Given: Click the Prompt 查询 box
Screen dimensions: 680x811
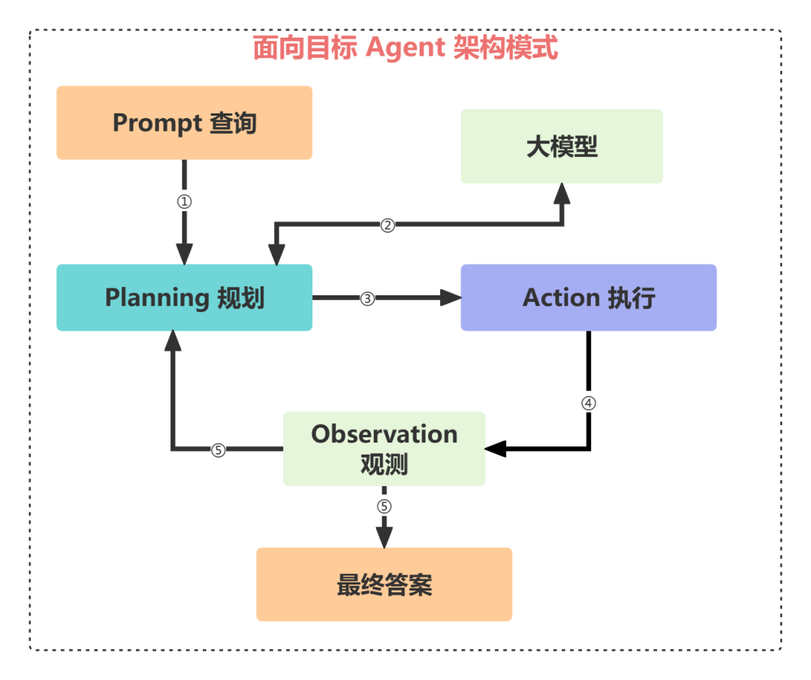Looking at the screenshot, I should tap(184, 122).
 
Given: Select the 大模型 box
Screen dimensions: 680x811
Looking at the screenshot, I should tap(562, 147).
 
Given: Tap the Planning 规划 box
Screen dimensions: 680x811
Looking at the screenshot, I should tap(184, 298).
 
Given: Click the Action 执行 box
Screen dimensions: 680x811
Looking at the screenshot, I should tap(589, 298).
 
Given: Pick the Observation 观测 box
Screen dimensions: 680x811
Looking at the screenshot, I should tap(384, 449).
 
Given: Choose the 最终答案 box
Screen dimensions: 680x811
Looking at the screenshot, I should tap(384, 585).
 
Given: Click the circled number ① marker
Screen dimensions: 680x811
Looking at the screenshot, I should tap(184, 202).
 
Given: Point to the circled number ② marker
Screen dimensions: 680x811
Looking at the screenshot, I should tap(387, 225).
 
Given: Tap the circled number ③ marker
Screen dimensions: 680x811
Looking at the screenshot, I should tap(367, 298).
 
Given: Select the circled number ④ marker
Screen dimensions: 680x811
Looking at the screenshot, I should tap(589, 403).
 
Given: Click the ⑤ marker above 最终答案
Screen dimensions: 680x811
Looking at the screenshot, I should tap(384, 506).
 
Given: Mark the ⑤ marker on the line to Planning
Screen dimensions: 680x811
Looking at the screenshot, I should tap(218, 450).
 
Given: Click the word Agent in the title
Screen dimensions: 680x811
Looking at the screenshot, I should tap(405, 49).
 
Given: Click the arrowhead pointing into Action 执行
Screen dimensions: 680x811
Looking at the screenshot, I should tap(451, 298).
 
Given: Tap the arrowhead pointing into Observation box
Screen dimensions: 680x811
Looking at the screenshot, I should tap(496, 449).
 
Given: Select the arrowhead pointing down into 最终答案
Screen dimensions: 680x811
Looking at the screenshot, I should tap(384, 537).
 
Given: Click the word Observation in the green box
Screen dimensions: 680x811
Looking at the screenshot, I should tap(384, 434).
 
